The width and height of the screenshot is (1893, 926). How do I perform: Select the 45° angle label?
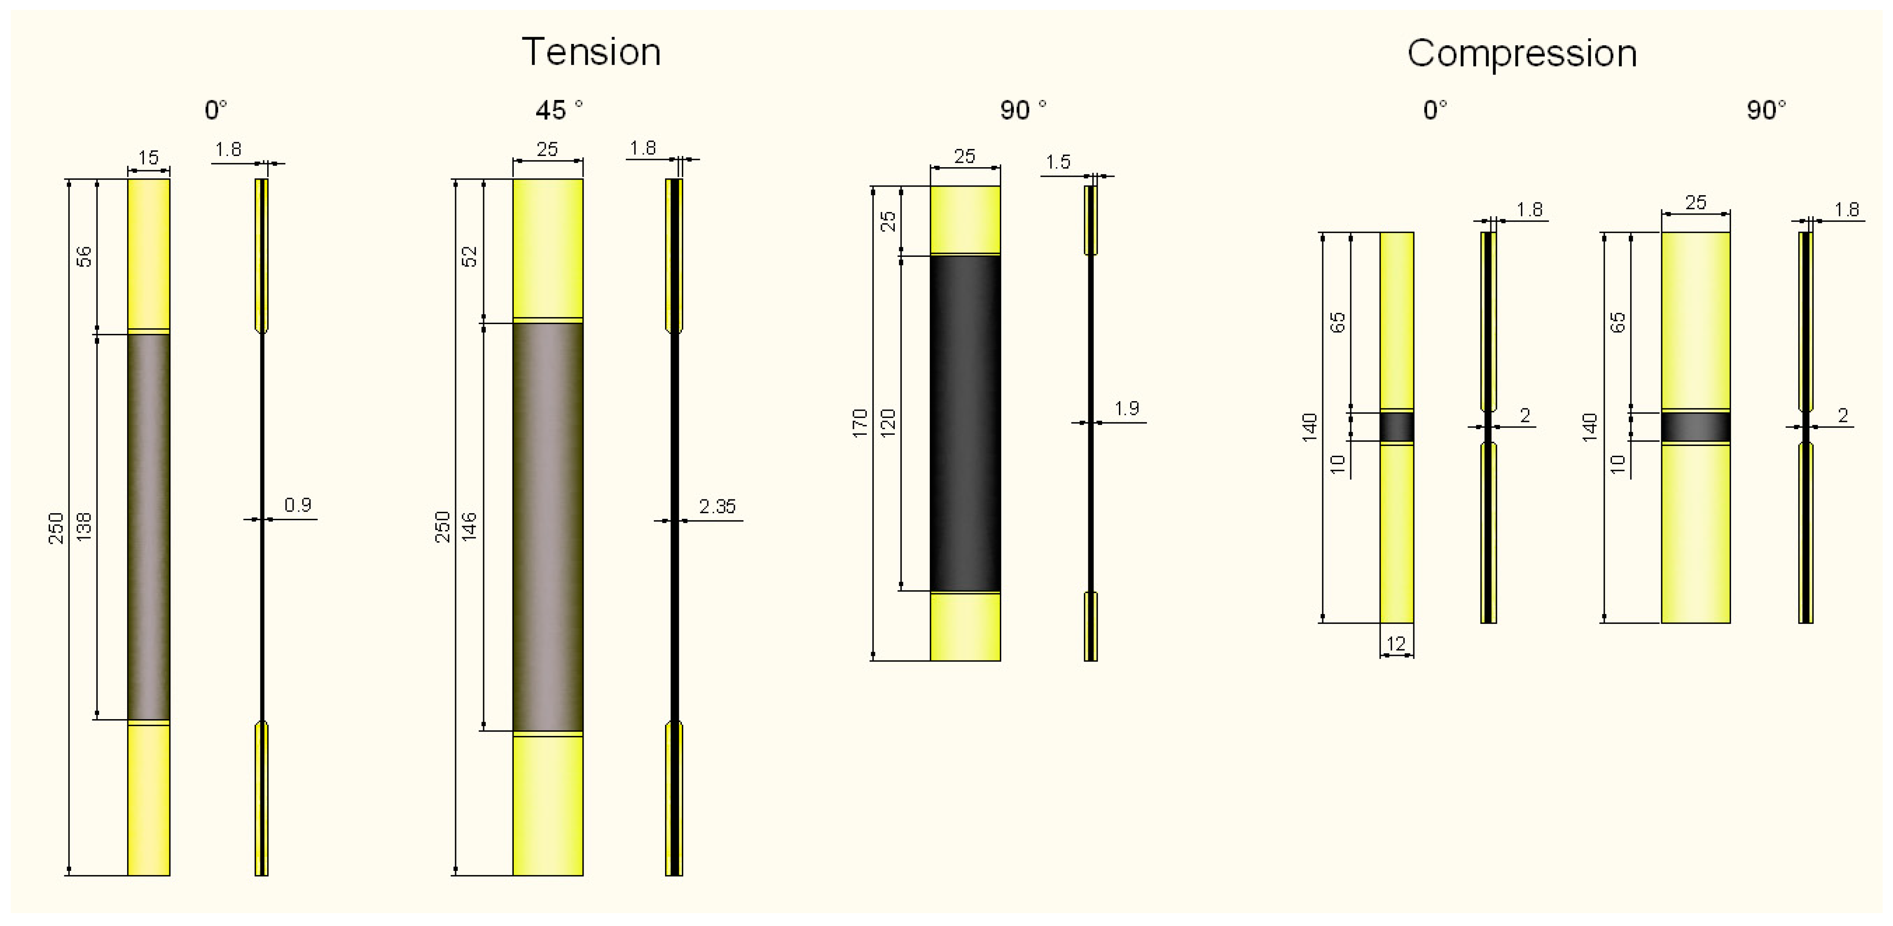(x=559, y=110)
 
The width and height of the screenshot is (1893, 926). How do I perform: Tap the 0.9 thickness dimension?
(x=298, y=505)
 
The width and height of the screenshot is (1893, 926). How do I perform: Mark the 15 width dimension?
(x=148, y=157)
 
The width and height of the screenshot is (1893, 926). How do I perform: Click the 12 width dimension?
(x=1396, y=644)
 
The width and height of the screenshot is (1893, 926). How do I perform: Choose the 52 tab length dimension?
(x=469, y=256)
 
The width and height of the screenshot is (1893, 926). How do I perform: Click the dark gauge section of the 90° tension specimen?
(x=965, y=423)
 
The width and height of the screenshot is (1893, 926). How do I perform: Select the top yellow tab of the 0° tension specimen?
(x=148, y=253)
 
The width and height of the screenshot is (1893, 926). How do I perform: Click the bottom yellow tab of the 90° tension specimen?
(x=965, y=627)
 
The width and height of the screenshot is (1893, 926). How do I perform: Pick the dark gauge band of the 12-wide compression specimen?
(x=1396, y=426)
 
